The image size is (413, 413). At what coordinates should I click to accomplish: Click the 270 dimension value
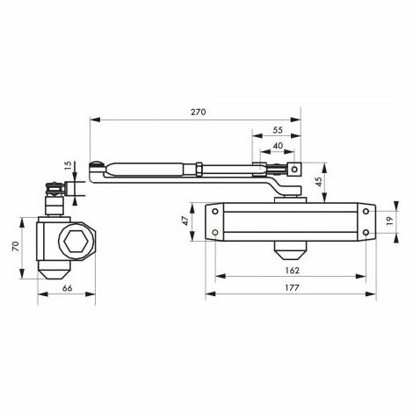click(x=199, y=112)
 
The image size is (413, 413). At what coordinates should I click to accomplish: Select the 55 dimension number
click(x=278, y=130)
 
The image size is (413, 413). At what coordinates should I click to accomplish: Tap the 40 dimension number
click(x=278, y=146)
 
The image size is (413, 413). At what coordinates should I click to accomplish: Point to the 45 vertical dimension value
click(x=319, y=181)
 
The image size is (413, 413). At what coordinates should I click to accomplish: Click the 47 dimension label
click(x=185, y=221)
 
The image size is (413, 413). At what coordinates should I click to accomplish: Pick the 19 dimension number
click(x=389, y=221)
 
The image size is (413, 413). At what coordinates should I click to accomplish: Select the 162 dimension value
click(x=292, y=271)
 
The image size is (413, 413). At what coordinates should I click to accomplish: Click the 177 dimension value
click(x=292, y=288)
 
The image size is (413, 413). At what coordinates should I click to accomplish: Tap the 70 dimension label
click(x=16, y=246)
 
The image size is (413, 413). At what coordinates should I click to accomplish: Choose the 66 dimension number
click(x=67, y=288)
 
